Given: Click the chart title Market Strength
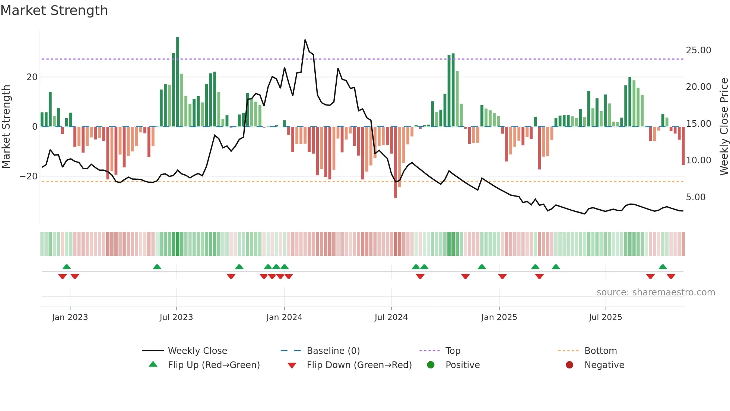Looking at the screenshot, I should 54,10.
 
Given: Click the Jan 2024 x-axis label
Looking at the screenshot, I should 284,317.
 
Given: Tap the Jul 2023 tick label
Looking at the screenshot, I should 176,317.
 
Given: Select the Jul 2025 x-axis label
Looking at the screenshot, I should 605,317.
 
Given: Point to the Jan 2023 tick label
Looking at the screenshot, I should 70,317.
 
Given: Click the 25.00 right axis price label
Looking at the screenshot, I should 698,50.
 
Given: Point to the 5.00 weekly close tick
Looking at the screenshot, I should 695,197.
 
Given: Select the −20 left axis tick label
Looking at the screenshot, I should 29,176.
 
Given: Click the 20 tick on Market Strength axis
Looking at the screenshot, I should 32,77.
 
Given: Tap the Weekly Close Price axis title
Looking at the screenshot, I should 724,127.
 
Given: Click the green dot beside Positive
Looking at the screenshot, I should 431,365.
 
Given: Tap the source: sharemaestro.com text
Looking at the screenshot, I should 656,292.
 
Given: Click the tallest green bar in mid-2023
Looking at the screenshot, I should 178,82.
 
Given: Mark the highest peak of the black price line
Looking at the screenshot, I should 305,40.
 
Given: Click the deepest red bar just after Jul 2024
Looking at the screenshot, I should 396,162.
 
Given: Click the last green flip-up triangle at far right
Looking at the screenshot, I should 663,267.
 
